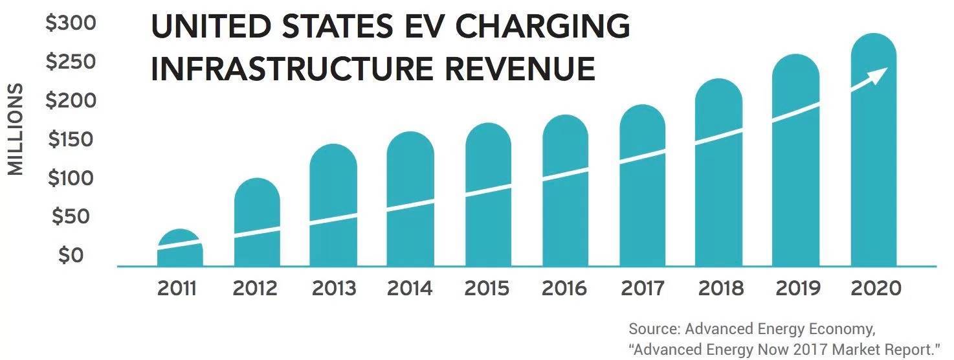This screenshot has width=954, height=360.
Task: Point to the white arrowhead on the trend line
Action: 877,74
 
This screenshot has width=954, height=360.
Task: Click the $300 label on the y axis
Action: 71,24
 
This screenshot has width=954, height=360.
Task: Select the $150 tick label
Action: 71,140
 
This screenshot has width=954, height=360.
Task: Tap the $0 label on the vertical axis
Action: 71,256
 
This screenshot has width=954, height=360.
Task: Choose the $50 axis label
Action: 71,218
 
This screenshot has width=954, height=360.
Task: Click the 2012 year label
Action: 256,288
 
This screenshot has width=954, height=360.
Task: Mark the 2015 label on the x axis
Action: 487,288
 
